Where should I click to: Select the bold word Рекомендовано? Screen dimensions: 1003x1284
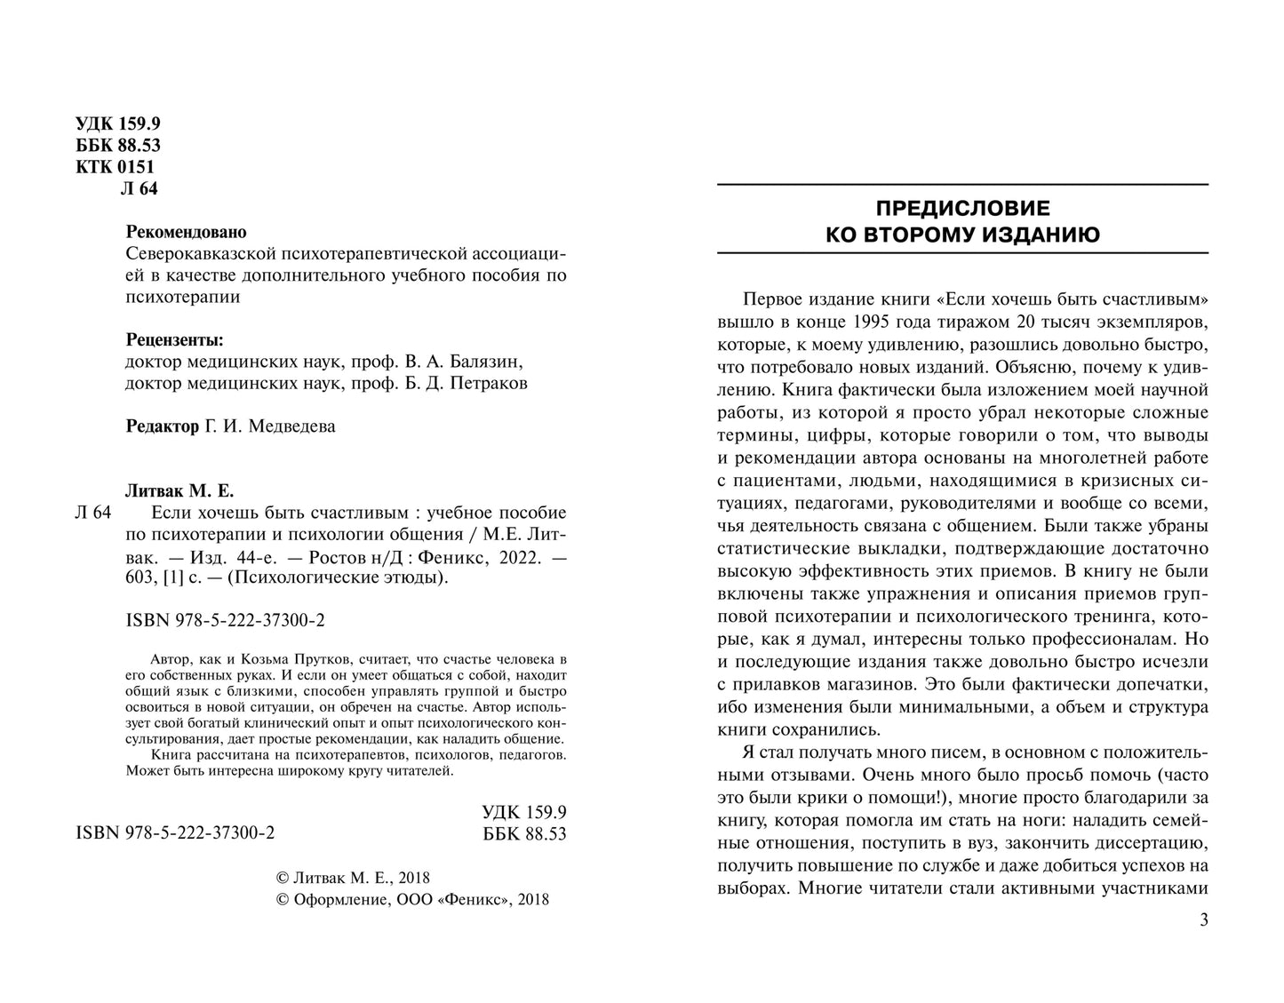pyautogui.click(x=186, y=232)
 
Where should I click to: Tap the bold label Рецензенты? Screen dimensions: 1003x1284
pyautogui.click(x=175, y=340)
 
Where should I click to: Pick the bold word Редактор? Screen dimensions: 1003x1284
pyautogui.click(x=163, y=426)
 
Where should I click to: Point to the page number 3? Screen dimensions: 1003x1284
pyautogui.click(x=1203, y=920)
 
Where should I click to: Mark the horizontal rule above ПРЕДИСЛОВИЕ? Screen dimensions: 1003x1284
pyautogui.click(x=962, y=184)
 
